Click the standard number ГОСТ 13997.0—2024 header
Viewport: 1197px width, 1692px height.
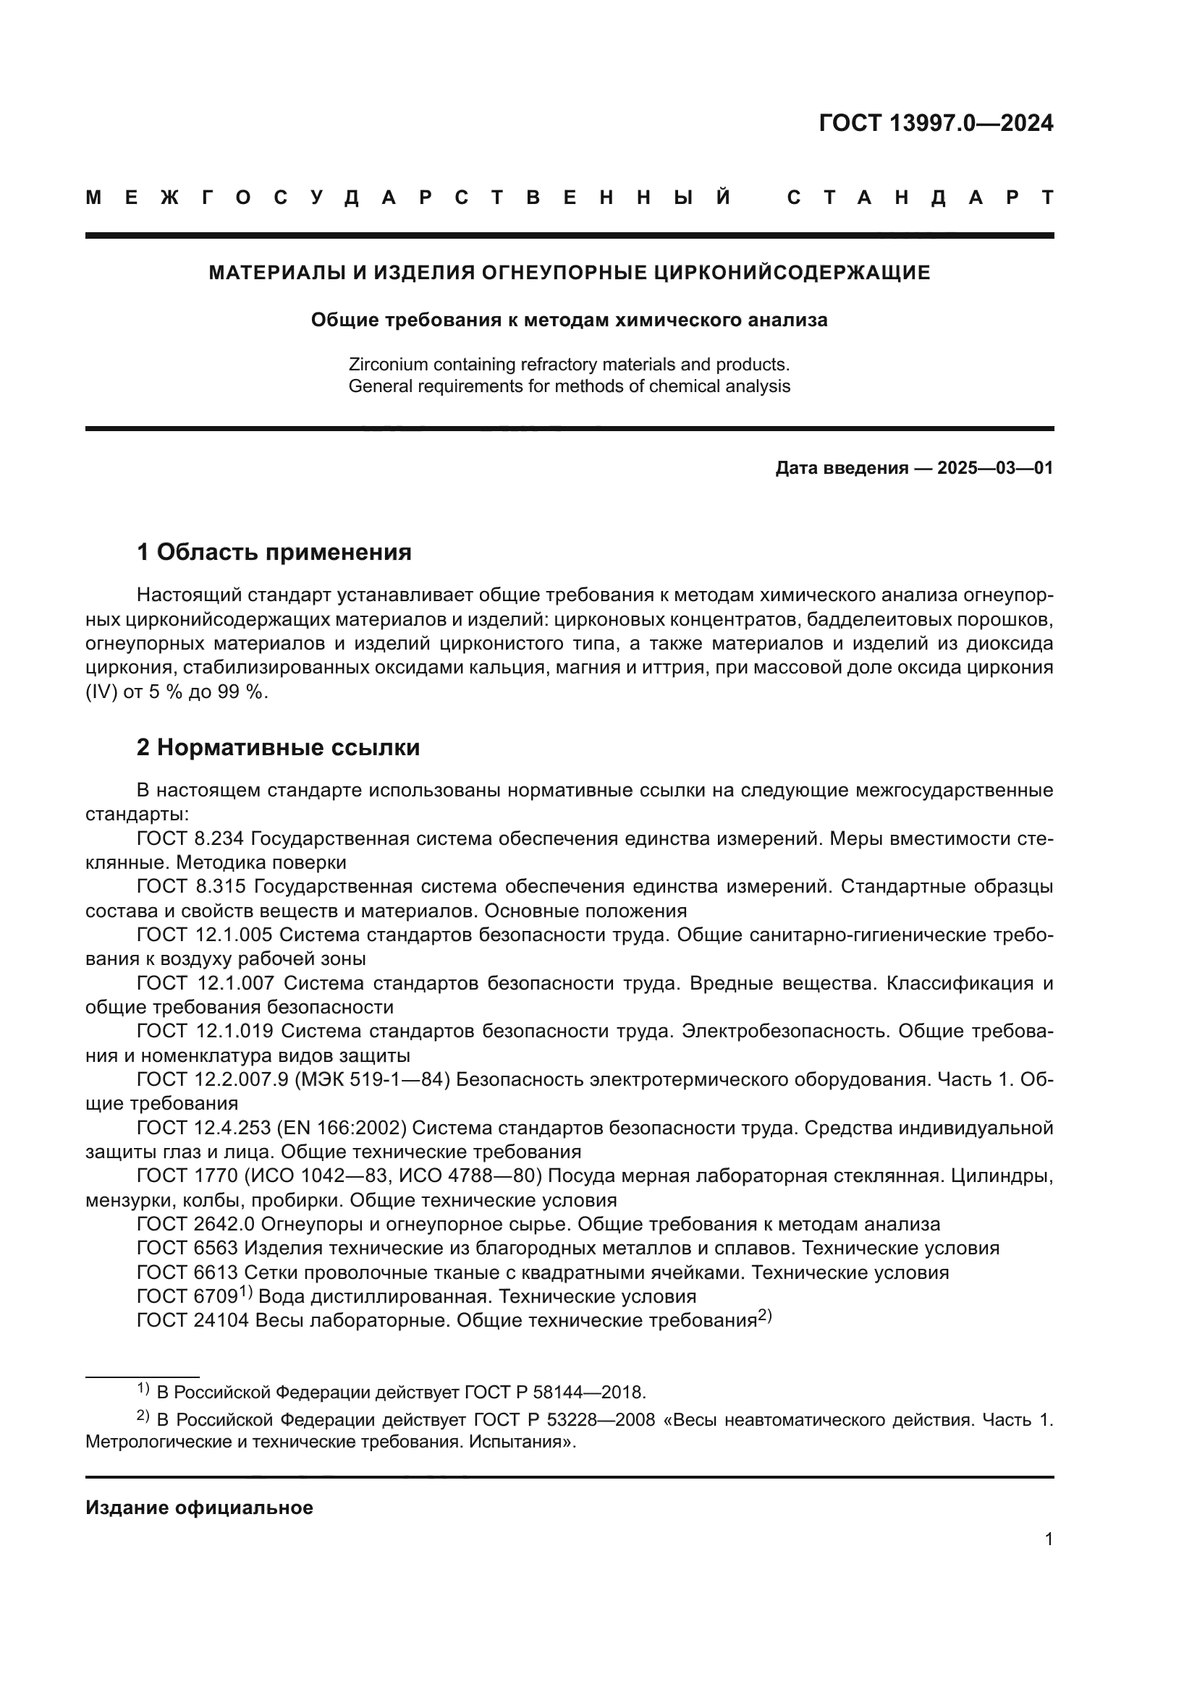pyautogui.click(x=935, y=123)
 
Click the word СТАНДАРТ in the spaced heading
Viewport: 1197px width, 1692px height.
pyautogui.click(x=920, y=197)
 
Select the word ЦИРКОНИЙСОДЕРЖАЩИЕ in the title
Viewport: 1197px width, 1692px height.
pyautogui.click(x=792, y=273)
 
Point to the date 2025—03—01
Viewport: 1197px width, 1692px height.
pyautogui.click(x=994, y=468)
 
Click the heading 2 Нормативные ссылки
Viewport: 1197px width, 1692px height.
pyautogui.click(x=278, y=747)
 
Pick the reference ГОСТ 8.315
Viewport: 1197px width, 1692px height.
pyautogui.click(x=190, y=887)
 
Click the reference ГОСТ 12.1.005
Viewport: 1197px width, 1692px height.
pyautogui.click(x=204, y=935)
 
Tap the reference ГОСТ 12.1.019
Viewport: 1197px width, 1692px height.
pyautogui.click(x=204, y=1031)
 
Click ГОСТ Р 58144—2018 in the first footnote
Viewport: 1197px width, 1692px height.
pyautogui.click(x=554, y=1392)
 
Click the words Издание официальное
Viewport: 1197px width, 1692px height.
pyautogui.click(x=199, y=1508)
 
